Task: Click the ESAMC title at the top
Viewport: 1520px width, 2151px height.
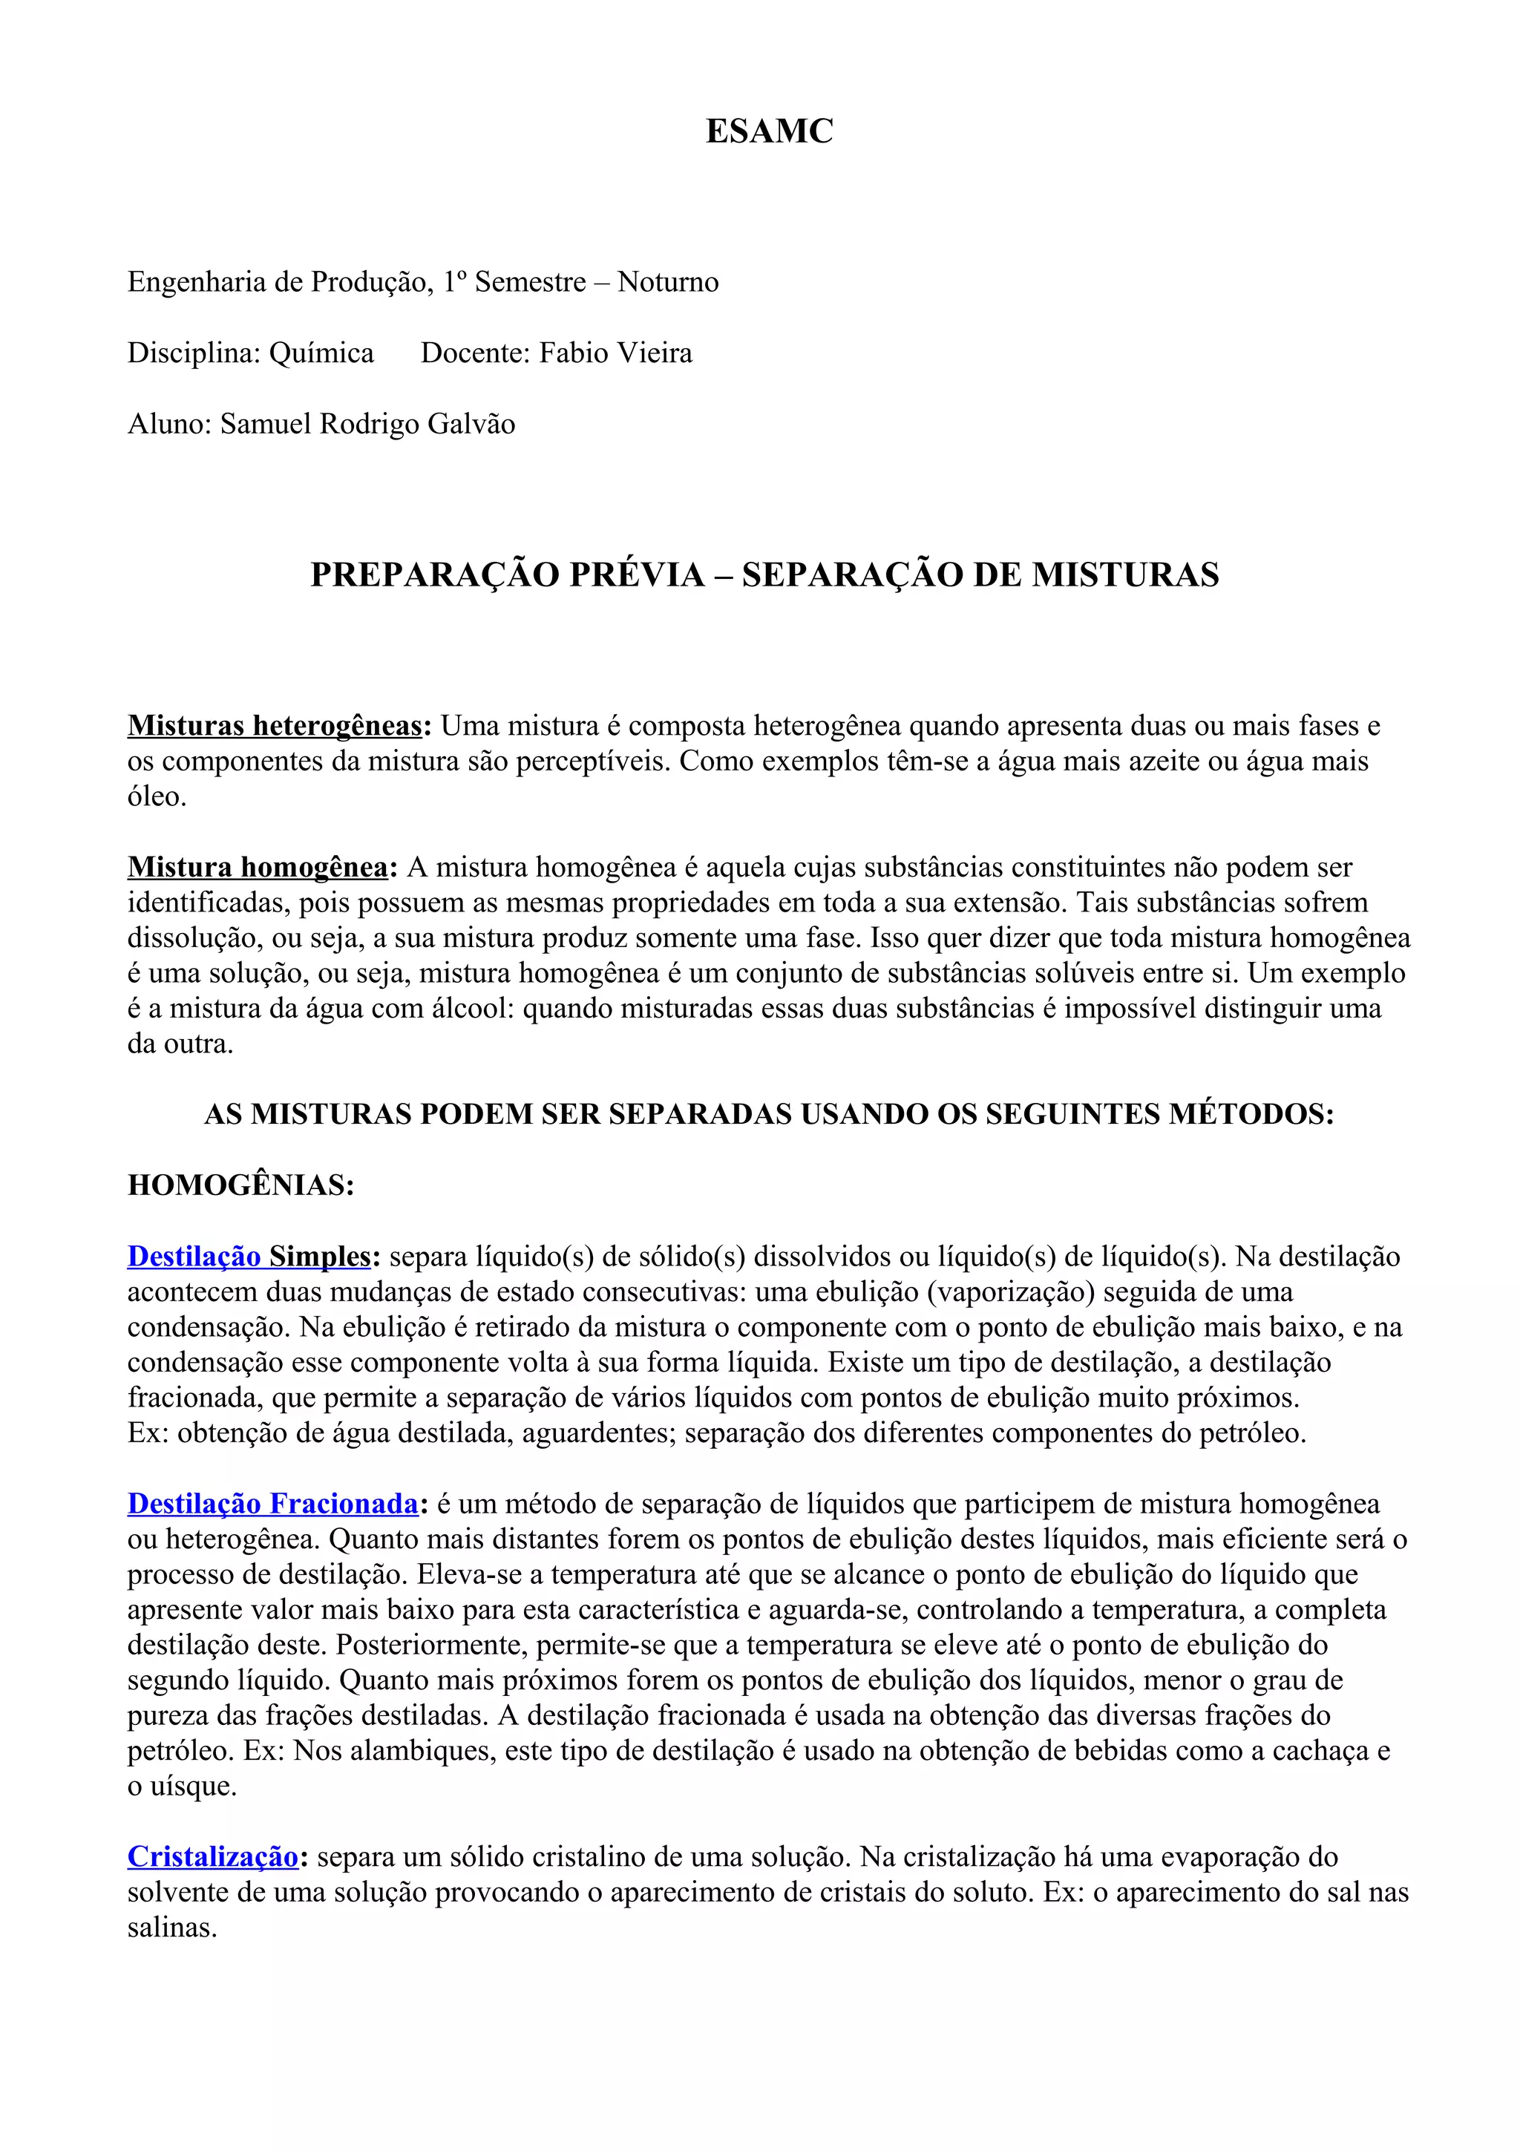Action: (769, 131)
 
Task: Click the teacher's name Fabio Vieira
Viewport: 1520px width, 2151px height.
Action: (615, 353)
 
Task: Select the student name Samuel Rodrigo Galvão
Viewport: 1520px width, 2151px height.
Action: (367, 425)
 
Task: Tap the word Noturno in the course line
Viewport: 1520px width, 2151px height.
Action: (668, 282)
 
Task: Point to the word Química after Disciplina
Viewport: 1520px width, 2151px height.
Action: (321, 353)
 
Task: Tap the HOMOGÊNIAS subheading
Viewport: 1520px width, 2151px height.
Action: (240, 1185)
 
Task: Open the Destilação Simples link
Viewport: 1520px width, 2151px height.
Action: (249, 1257)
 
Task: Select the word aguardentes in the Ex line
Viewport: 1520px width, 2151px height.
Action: (597, 1433)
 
